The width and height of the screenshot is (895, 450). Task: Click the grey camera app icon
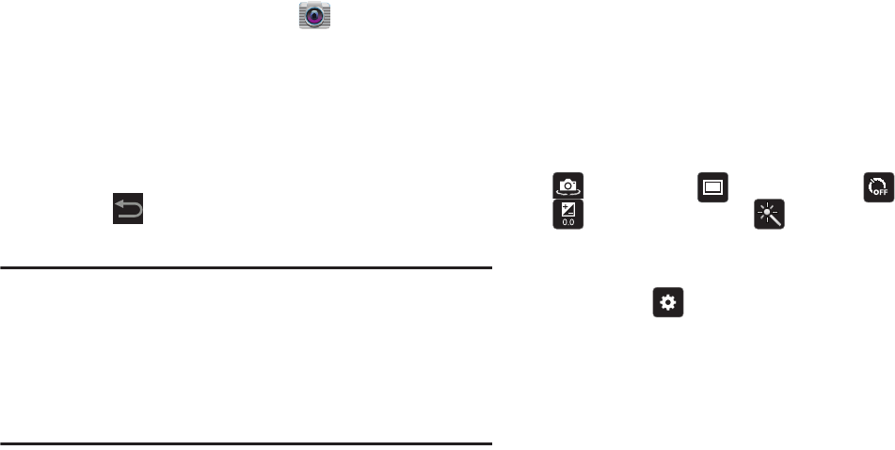(x=314, y=16)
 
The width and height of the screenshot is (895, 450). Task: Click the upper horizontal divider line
(x=246, y=267)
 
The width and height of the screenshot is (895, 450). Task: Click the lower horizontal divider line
(x=246, y=442)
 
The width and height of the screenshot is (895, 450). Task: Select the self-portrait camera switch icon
(x=568, y=185)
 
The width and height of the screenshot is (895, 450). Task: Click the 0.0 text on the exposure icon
(x=568, y=222)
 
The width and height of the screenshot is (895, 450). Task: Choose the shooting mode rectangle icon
(x=712, y=186)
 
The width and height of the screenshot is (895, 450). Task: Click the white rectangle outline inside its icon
(x=712, y=186)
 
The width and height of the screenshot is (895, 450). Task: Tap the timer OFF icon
(x=877, y=186)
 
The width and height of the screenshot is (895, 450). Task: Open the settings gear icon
(x=667, y=303)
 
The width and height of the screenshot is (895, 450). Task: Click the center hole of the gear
(x=667, y=303)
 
